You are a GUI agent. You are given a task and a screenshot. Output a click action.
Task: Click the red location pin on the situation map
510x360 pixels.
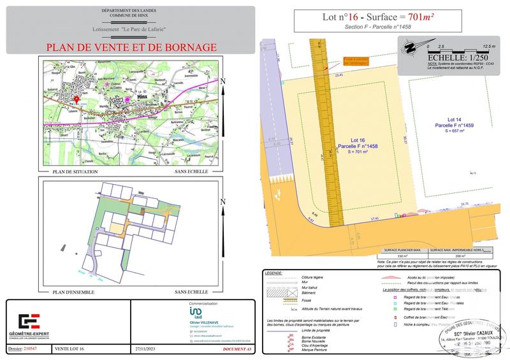tap(76, 100)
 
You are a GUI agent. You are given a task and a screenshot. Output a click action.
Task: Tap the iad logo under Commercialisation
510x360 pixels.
tap(197, 314)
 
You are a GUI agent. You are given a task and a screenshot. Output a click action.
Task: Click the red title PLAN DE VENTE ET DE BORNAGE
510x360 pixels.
tap(131, 47)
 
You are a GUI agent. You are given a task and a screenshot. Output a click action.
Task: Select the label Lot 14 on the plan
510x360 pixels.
tap(455, 120)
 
